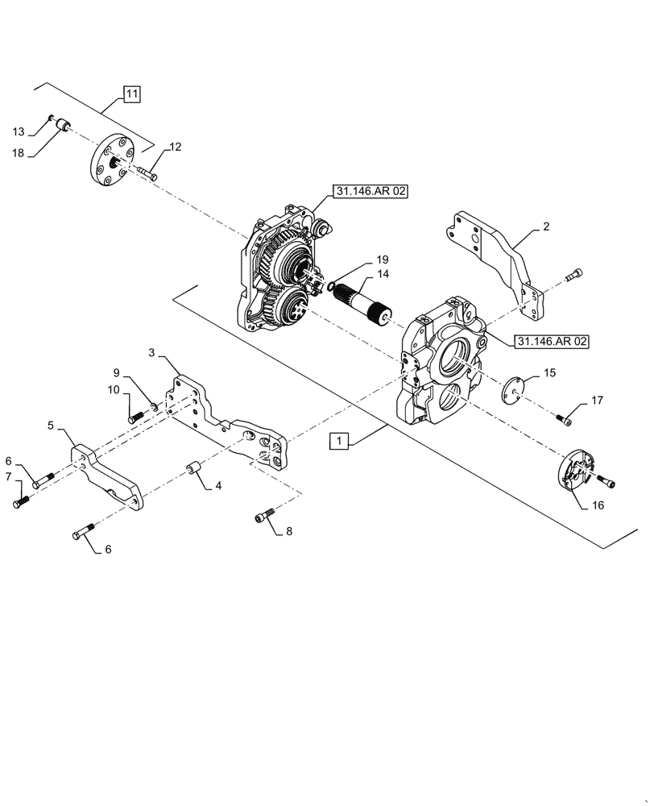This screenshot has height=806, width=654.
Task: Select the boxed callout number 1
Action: (x=341, y=441)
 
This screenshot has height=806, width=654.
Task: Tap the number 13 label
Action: (x=19, y=131)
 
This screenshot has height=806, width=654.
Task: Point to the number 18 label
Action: (x=19, y=152)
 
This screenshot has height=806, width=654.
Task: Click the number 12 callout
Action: (x=175, y=147)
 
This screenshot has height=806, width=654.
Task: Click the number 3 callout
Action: (x=152, y=352)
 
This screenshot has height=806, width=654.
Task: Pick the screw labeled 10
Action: (x=136, y=417)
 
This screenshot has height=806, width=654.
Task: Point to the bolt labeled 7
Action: (x=21, y=503)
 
